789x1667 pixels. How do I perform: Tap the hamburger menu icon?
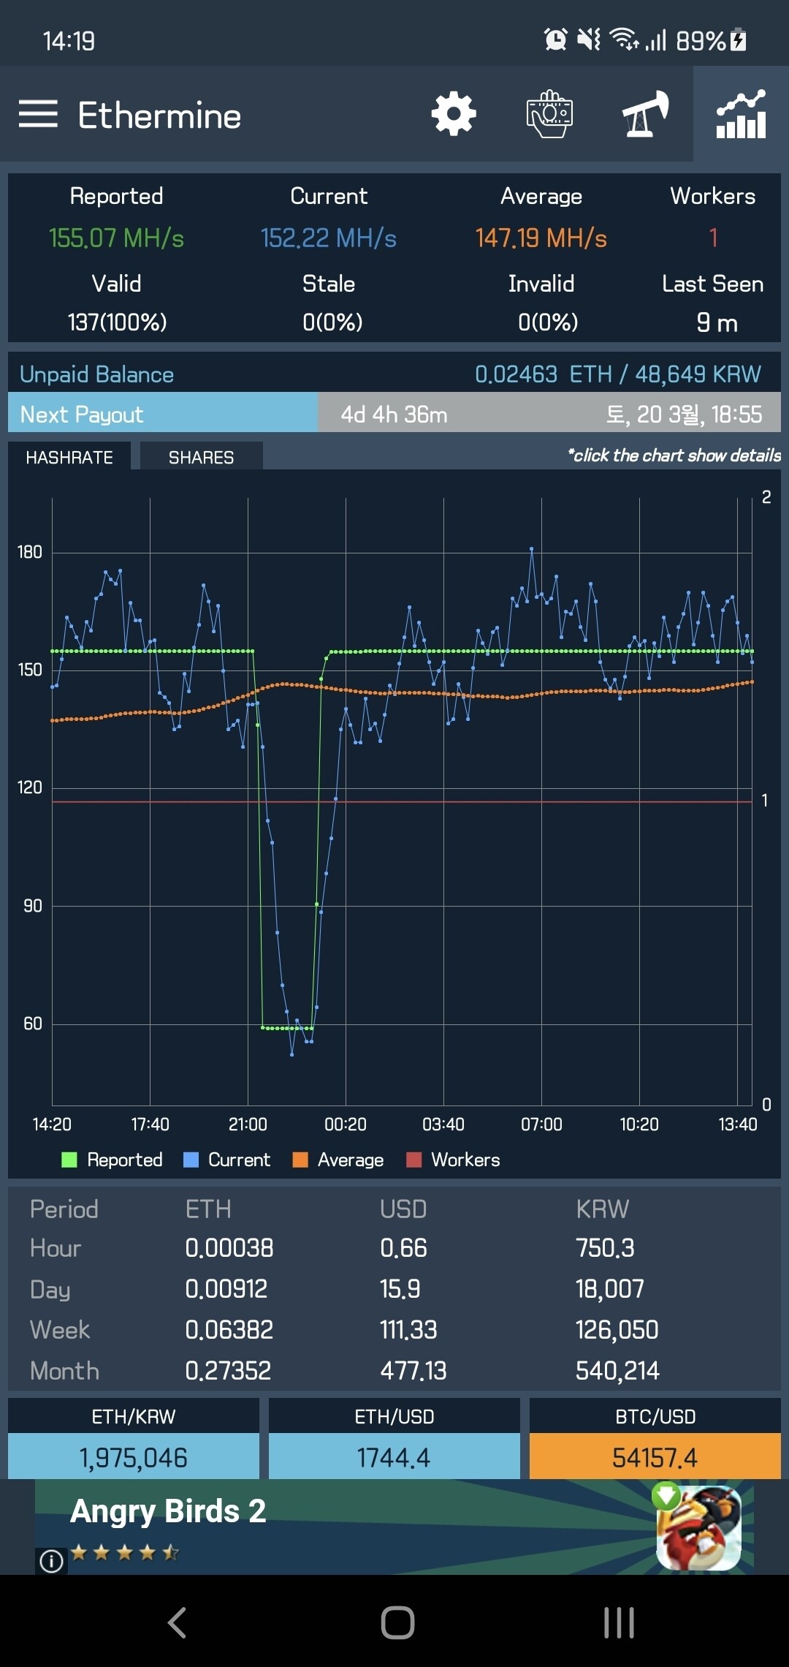[x=38, y=114]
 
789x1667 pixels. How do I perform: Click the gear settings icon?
[x=454, y=114]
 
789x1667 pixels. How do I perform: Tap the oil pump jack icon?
[x=645, y=114]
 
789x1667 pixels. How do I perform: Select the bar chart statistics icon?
[x=741, y=114]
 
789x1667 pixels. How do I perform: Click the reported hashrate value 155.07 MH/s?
[x=116, y=238]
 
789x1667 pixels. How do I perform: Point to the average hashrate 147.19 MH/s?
[x=541, y=238]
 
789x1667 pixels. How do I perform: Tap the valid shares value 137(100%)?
[x=117, y=322]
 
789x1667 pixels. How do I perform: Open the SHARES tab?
[x=201, y=458]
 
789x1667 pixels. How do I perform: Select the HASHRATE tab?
[x=69, y=458]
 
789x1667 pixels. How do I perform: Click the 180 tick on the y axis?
[x=30, y=552]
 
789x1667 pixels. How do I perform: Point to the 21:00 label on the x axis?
[x=248, y=1124]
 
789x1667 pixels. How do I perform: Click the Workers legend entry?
[x=454, y=1160]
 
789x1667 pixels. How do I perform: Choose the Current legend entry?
[x=227, y=1160]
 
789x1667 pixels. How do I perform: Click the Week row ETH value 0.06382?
[x=229, y=1330]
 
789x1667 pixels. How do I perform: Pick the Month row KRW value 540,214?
[x=617, y=1371]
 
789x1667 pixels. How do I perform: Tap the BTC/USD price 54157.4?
[x=655, y=1458]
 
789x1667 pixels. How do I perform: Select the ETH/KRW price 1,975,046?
[x=134, y=1458]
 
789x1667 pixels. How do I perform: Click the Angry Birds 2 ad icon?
[x=699, y=1527]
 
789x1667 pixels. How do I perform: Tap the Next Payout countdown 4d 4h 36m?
[x=394, y=415]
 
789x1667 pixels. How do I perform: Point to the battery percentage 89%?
[x=700, y=41]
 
